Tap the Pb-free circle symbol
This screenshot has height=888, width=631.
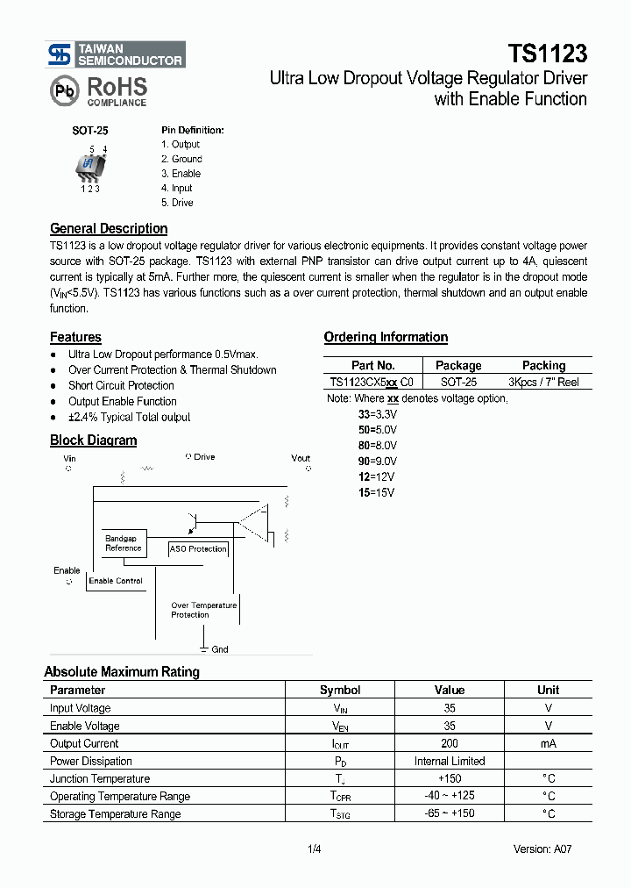coord(63,91)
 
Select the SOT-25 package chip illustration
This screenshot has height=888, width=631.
coord(89,165)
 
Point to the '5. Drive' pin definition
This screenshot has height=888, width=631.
coord(177,203)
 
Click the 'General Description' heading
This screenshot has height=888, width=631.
coord(109,228)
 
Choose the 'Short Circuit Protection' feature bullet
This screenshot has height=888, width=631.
coord(121,385)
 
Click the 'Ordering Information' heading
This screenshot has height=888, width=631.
coord(386,337)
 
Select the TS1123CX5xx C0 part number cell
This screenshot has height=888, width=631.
coord(373,382)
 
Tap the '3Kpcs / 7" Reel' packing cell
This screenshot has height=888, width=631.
coord(543,382)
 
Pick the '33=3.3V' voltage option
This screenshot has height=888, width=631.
coord(377,413)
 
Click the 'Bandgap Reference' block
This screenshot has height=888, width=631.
coord(124,543)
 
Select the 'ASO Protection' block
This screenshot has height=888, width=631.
coord(198,549)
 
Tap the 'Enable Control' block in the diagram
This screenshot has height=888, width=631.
coord(116,581)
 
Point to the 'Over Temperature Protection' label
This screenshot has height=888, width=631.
coord(203,610)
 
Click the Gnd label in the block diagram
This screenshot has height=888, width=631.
coord(220,649)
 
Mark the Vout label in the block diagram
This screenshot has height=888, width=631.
coord(301,458)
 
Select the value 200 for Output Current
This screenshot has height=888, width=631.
coord(450,743)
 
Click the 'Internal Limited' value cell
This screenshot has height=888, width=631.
coord(450,761)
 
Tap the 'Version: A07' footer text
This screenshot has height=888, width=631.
coord(542,849)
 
